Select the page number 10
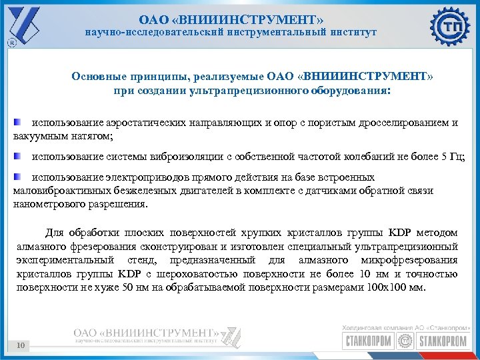21,345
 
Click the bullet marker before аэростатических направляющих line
17,123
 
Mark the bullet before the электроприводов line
17,177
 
